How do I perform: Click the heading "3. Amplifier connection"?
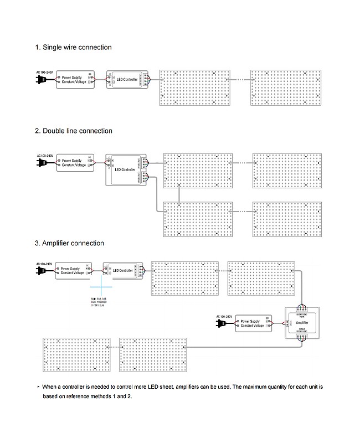pos(69,243)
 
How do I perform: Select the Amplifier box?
pos(302,322)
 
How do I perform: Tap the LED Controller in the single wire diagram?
pos(126,80)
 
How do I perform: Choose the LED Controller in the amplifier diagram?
pos(122,271)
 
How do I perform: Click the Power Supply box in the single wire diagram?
pos(75,80)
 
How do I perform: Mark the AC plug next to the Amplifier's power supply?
pos(224,324)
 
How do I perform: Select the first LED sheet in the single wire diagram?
pos(194,87)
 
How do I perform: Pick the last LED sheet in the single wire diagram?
pos(286,87)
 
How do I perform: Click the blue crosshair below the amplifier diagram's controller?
pos(101,287)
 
